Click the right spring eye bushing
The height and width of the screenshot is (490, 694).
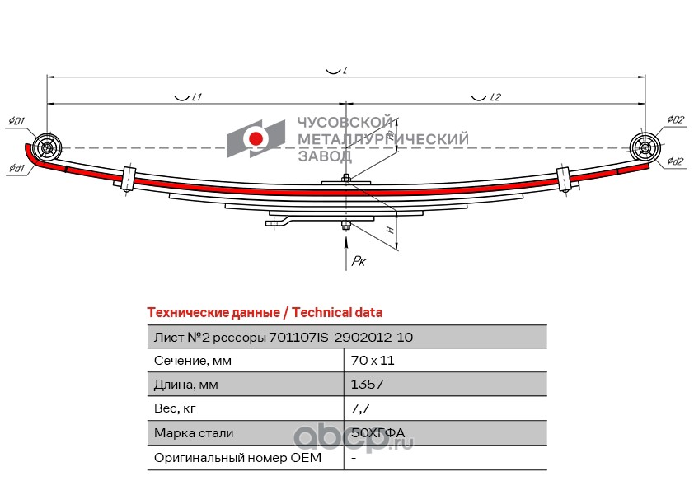(x=645, y=148)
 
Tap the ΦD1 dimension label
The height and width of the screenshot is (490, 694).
(x=16, y=121)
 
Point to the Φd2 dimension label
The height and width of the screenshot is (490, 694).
(x=675, y=161)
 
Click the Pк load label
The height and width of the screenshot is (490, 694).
(x=359, y=261)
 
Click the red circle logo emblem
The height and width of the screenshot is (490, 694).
(x=256, y=138)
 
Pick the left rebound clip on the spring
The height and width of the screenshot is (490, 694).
(x=128, y=179)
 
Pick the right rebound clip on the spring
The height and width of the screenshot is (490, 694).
(x=564, y=179)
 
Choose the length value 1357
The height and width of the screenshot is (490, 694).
(x=367, y=385)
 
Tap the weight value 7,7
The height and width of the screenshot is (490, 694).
(x=359, y=408)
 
